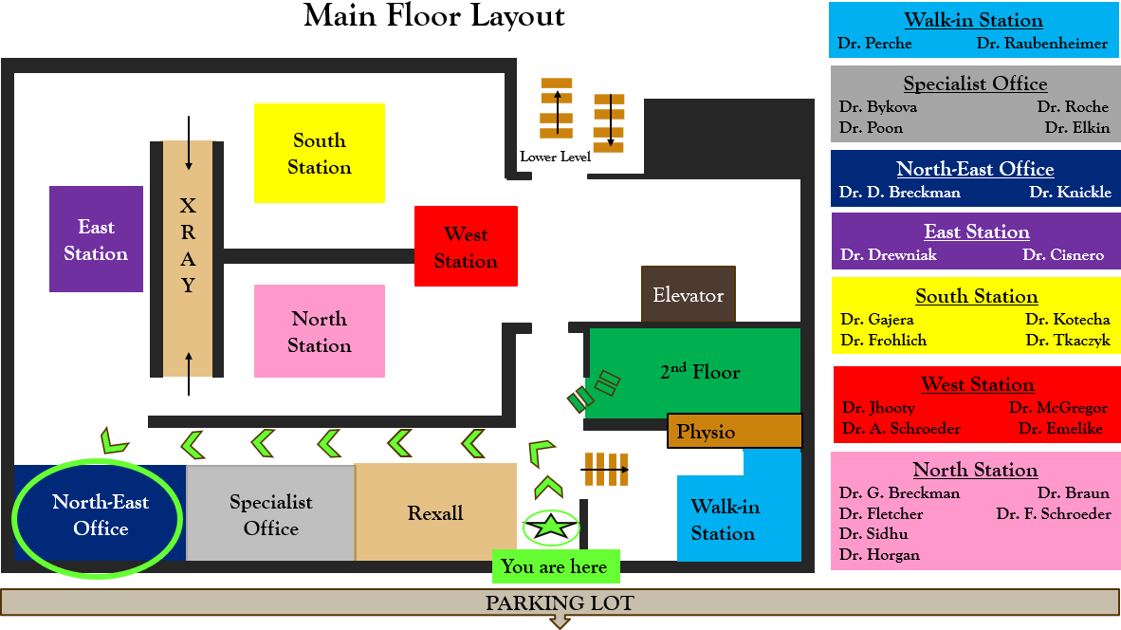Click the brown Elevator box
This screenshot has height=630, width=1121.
click(688, 295)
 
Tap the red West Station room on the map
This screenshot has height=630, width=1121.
click(466, 247)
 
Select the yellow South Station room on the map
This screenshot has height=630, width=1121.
click(320, 153)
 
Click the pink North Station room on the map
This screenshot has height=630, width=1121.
click(320, 331)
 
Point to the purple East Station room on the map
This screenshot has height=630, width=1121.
click(96, 239)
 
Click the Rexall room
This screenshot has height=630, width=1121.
click(435, 513)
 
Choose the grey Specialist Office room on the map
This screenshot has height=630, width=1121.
click(270, 514)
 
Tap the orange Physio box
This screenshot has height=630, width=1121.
click(734, 432)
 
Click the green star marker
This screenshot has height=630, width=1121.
click(551, 528)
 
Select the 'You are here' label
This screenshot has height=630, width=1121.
click(555, 566)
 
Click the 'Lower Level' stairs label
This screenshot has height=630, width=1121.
click(555, 157)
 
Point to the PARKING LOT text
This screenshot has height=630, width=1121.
click(560, 602)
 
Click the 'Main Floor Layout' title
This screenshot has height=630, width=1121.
click(434, 16)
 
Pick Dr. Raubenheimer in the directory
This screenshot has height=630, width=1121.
click(1041, 44)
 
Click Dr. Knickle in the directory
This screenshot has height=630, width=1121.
click(1070, 193)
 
